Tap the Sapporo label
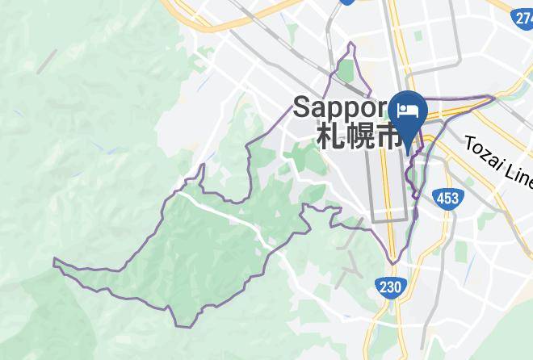click(342, 107)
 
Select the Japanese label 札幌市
click(357, 136)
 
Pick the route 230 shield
click(389, 287)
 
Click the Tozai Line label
click(497, 162)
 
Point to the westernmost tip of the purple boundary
click(54, 261)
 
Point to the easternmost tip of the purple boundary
click(494, 98)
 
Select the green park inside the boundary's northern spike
click(346, 71)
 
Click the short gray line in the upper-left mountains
click(47, 61)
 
